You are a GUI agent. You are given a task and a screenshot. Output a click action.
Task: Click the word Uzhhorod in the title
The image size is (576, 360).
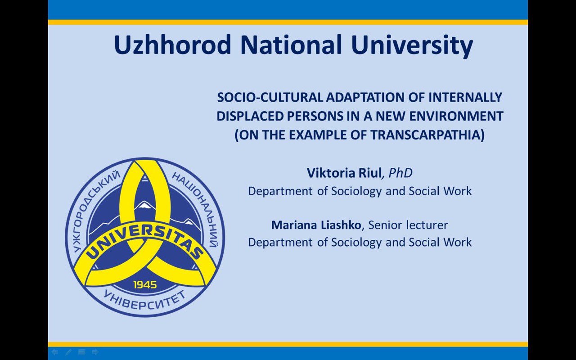click(172, 45)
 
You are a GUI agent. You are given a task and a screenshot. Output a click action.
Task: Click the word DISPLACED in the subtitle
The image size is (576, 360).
click(250, 116)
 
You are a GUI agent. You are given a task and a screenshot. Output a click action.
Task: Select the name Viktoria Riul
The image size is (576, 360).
click(344, 173)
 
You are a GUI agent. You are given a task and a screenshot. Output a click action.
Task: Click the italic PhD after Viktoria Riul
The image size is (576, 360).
click(400, 173)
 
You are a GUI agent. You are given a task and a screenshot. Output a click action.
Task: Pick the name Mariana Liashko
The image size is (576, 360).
click(316, 225)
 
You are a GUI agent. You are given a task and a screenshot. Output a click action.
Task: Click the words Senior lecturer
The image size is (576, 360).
click(408, 225)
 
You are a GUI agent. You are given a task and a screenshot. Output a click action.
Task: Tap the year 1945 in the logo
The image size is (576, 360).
click(145, 285)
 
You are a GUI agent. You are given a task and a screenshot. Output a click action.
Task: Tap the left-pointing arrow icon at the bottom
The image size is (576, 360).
click(55, 352)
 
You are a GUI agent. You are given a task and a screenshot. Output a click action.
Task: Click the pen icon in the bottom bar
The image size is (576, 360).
click(68, 352)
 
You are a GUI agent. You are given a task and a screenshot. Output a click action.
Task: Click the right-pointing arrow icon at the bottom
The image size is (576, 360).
click(95, 352)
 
